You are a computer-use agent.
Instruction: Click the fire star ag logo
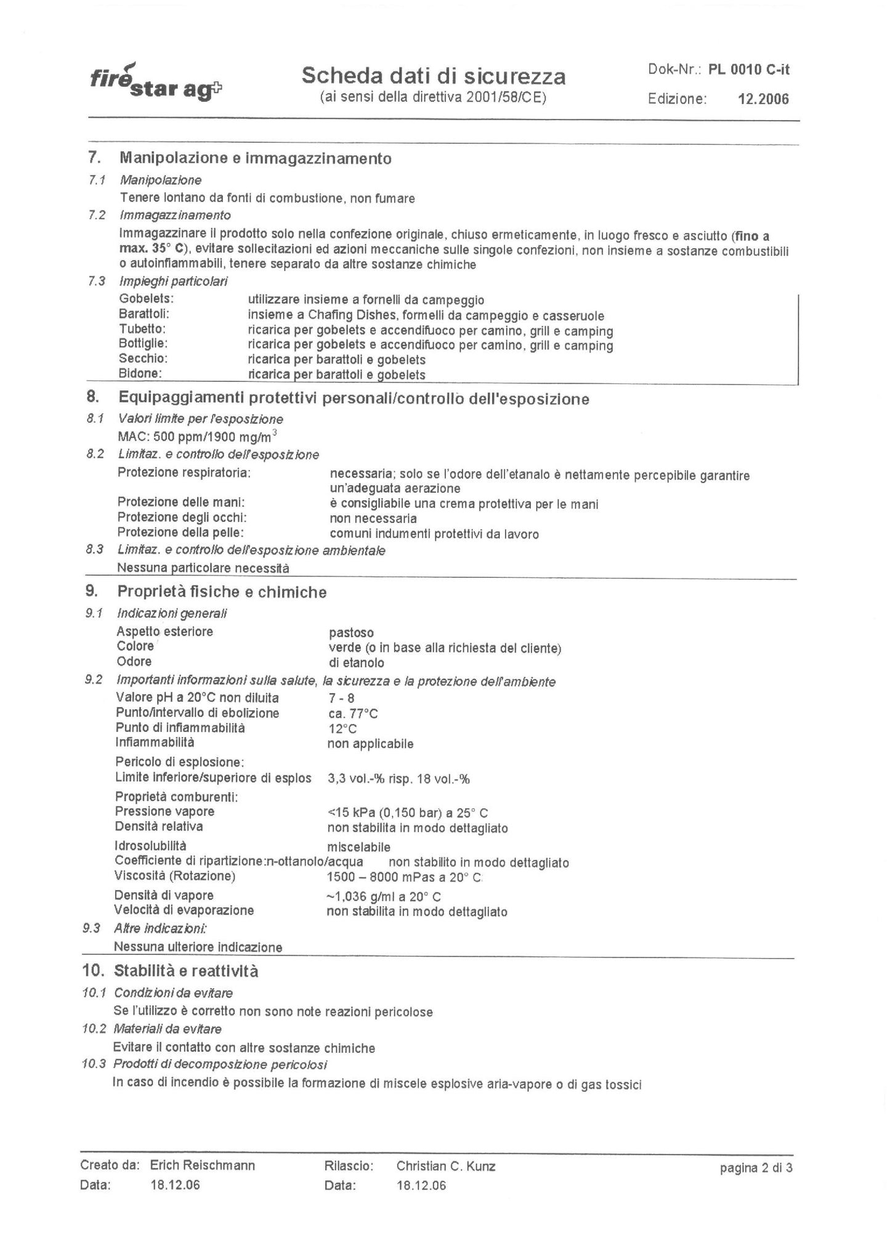tap(156, 83)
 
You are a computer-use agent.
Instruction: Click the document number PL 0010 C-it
tap(748, 69)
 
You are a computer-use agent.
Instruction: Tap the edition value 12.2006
tap(763, 99)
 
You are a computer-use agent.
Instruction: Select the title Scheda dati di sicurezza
tap(433, 76)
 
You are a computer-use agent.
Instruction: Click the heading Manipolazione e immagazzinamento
tap(255, 158)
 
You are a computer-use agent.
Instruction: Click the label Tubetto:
tap(142, 329)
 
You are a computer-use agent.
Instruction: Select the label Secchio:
tap(143, 359)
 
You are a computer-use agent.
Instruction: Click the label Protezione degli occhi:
tap(182, 517)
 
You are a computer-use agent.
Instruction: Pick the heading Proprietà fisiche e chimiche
tap(222, 592)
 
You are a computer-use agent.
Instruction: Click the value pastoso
tap(351, 633)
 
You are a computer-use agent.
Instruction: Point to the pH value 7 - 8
tap(341, 698)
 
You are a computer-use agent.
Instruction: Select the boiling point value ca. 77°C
tap(353, 713)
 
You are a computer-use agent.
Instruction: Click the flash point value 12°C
tap(342, 728)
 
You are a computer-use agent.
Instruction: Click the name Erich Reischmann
tap(203, 1166)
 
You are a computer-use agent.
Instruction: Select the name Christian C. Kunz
tap(446, 1166)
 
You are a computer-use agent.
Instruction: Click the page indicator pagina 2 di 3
tap(756, 1167)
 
